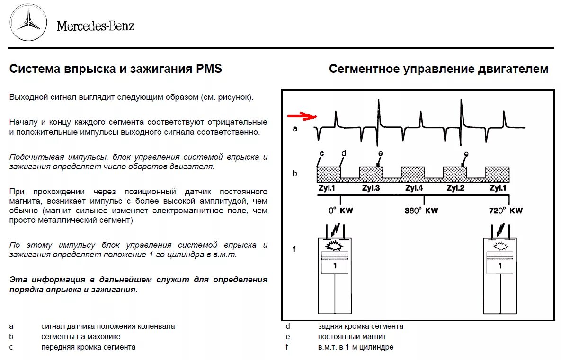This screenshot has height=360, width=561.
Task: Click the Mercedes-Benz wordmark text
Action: tap(95, 26)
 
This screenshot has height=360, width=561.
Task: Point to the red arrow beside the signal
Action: tap(302, 116)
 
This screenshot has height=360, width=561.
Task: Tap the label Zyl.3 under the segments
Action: tap(372, 188)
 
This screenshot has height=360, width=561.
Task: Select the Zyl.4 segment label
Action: tap(415, 188)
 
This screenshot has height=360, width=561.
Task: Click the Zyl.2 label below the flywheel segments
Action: tap(456, 188)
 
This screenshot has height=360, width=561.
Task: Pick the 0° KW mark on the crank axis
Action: tap(340, 210)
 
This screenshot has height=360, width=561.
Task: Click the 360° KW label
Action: tap(421, 210)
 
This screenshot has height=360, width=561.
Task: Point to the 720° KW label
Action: tap(506, 210)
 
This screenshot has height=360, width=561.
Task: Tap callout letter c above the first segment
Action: tap(321, 153)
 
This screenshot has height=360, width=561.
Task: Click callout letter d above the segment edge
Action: tap(344, 153)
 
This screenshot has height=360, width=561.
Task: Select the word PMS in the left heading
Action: tap(209, 69)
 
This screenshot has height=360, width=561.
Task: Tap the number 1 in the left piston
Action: tap(335, 266)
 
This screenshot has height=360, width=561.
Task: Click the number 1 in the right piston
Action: tap(500, 266)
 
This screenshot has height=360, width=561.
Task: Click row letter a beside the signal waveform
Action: tap(295, 128)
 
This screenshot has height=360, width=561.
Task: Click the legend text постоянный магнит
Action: tap(352, 337)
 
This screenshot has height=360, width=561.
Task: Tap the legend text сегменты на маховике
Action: tap(80, 337)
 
